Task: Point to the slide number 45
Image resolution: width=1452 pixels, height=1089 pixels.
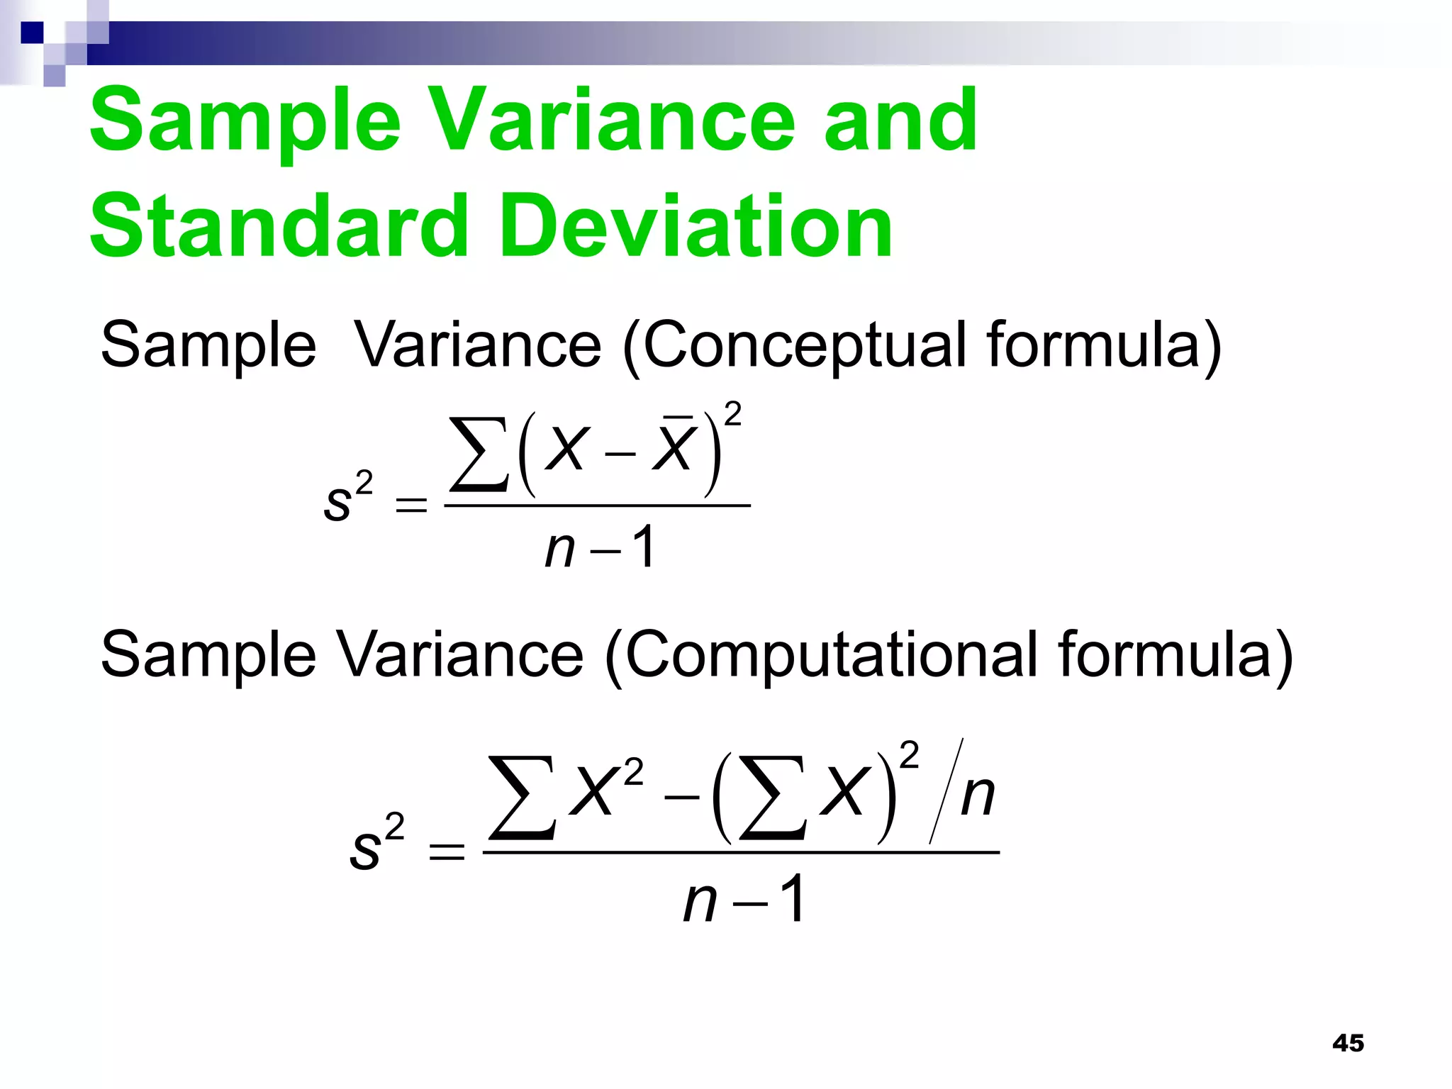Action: (x=1348, y=1043)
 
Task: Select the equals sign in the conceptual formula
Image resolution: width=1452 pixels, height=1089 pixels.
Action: (x=411, y=506)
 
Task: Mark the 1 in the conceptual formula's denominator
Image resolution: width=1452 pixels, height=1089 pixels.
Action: (x=644, y=548)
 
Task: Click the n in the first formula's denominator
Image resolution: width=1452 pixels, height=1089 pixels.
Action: (x=559, y=549)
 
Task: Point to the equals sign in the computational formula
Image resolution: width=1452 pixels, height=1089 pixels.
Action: (x=447, y=851)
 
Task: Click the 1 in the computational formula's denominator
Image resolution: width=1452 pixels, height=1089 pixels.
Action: (x=792, y=899)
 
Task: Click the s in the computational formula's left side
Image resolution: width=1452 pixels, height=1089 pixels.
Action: (x=365, y=850)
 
